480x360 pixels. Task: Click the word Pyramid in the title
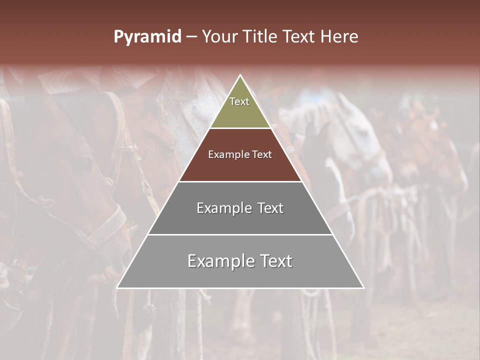[x=147, y=36]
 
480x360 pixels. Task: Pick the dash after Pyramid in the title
[x=191, y=36]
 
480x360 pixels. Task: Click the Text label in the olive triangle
[x=239, y=101]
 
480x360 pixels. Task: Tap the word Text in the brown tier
[x=262, y=155]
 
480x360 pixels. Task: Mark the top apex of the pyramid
[x=240, y=75]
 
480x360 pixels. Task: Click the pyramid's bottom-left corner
[x=117, y=287]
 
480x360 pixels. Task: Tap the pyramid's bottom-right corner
[x=363, y=287]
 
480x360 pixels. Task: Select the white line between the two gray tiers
[x=240, y=234]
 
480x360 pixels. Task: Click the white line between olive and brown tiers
[x=240, y=128]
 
